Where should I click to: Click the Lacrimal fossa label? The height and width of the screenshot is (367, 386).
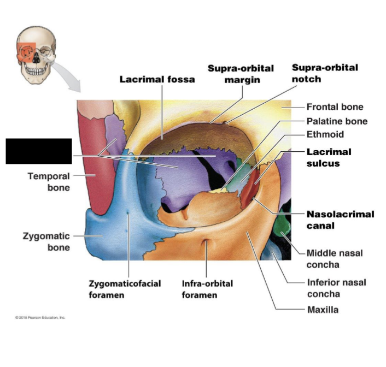157,79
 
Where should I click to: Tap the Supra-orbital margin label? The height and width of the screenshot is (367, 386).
241,74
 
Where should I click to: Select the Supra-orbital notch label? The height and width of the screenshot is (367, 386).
325,73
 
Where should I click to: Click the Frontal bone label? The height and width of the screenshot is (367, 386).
335,107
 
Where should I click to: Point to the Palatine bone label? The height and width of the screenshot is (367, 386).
337,121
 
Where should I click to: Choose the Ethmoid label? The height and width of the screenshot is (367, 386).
325,134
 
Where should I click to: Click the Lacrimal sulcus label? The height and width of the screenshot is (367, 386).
329,157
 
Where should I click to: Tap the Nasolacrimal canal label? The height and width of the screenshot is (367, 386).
340,220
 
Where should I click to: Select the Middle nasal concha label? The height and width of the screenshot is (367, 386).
334,259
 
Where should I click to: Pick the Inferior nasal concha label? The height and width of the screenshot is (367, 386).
336,288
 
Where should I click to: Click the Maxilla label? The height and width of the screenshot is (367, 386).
323,310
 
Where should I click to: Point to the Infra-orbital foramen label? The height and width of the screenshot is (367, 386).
207,289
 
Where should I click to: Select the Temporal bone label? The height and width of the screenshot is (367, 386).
49,182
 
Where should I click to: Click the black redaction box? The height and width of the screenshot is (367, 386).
39,151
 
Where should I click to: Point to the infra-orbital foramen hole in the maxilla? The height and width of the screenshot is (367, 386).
206,242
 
